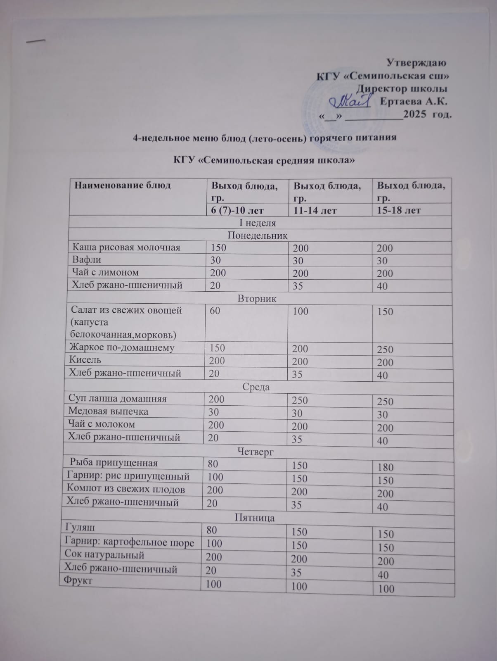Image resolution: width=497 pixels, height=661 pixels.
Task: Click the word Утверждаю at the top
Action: coord(416,63)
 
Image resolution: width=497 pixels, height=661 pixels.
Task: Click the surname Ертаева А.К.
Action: coord(413,101)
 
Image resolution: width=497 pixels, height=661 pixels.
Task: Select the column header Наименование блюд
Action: coord(123,185)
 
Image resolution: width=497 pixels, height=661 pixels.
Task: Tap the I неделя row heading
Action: coord(258,223)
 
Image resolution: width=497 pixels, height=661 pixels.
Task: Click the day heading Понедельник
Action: coord(258,235)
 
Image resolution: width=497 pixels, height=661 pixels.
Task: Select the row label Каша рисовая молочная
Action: coord(127,247)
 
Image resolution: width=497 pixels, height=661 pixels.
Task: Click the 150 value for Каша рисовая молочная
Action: coord(218,247)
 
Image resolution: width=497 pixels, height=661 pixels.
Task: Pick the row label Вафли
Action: coord(87,260)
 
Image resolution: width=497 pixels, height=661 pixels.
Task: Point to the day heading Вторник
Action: coord(257,298)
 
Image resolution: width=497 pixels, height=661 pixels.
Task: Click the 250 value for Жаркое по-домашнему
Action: coord(385,350)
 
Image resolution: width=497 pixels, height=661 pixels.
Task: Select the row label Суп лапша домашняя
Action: coord(117,399)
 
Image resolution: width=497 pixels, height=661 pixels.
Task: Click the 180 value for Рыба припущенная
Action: coord(385,467)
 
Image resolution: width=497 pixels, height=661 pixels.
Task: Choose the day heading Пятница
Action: coord(254,518)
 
